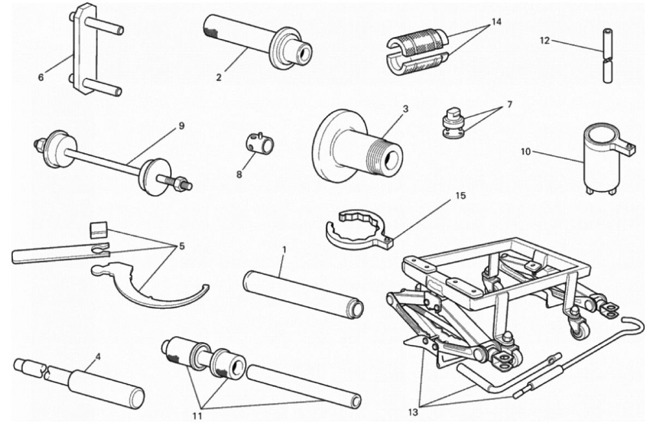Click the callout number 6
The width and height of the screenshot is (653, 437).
pyautogui.click(x=41, y=77)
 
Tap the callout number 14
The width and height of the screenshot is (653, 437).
pyautogui.click(x=496, y=22)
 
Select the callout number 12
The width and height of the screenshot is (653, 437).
pyautogui.click(x=545, y=41)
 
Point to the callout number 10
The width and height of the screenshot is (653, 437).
pyautogui.click(x=525, y=152)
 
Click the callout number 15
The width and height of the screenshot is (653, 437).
pyautogui.click(x=460, y=195)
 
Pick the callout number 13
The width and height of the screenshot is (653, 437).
pyautogui.click(x=413, y=412)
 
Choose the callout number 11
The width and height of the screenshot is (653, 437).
pyautogui.click(x=197, y=416)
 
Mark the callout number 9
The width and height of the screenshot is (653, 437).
pyautogui.click(x=182, y=126)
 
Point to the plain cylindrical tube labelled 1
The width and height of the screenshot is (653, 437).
pyautogui.click(x=303, y=294)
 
